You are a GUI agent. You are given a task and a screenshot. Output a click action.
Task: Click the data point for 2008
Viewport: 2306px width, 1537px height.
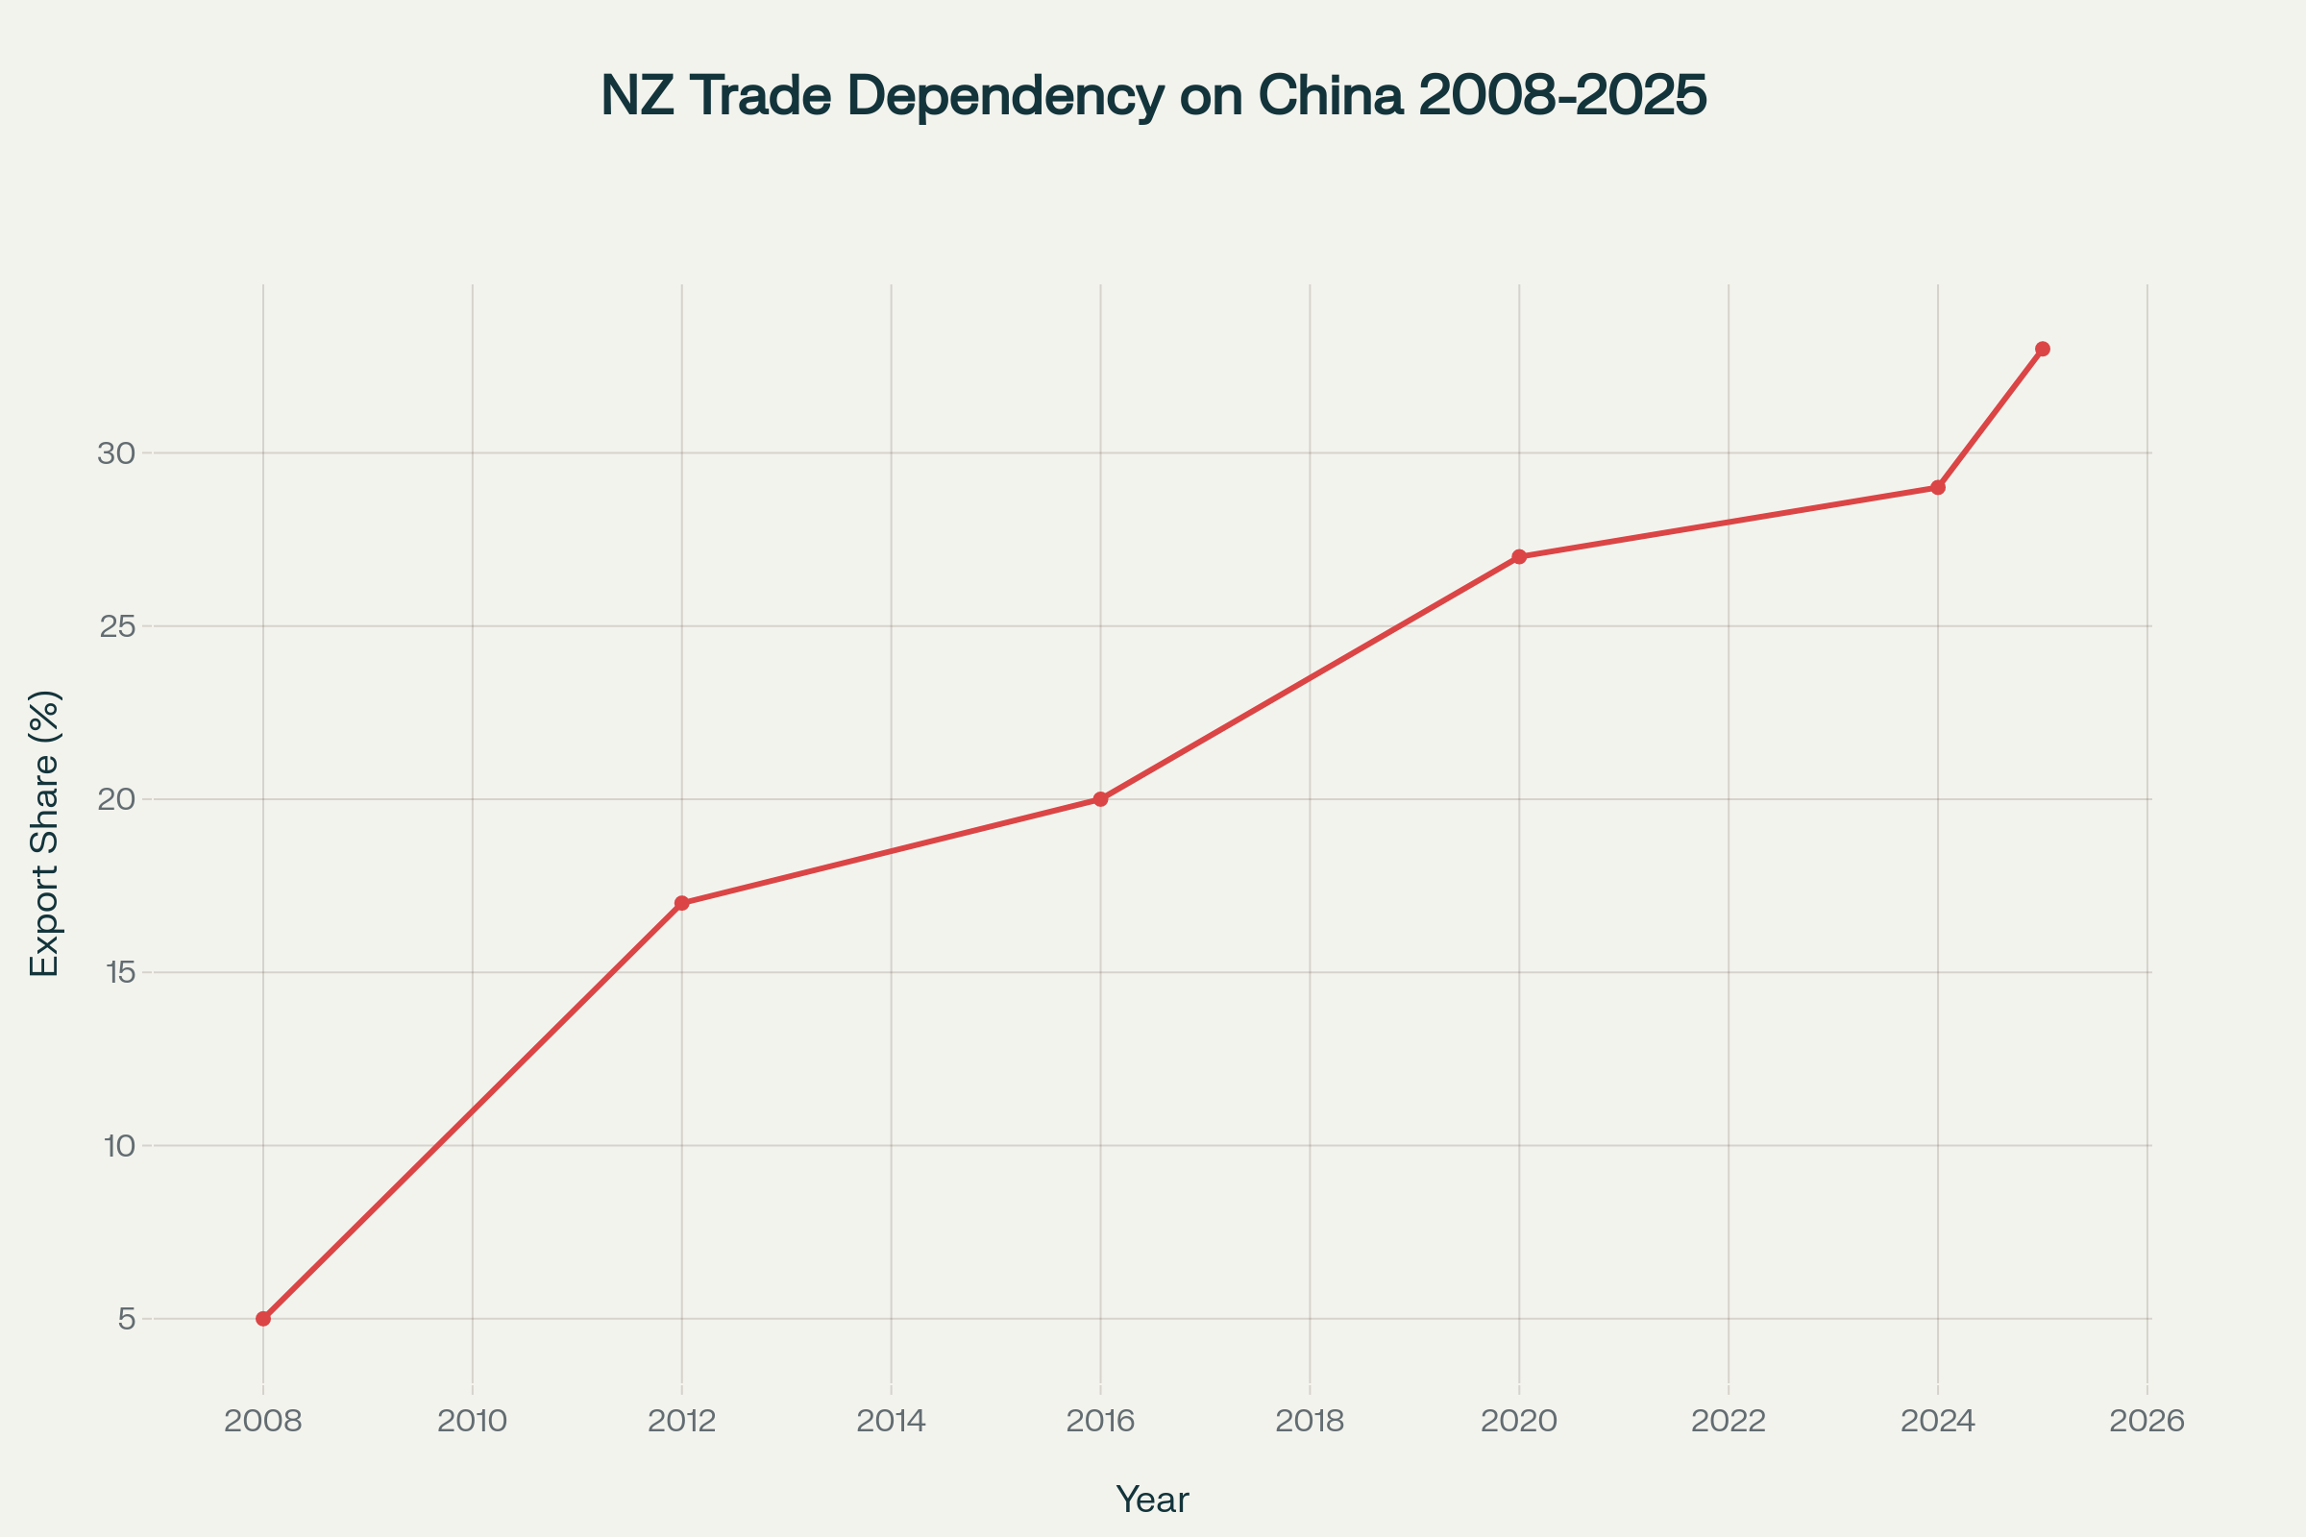pos(262,1318)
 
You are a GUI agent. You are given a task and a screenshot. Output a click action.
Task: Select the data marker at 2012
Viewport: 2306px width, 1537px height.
pos(681,903)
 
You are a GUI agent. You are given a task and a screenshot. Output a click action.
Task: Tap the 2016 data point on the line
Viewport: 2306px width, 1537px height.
pos(1100,799)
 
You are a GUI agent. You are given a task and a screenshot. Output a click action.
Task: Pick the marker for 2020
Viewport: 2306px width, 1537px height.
pos(1519,557)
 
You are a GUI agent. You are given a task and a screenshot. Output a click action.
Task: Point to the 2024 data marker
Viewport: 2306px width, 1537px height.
pos(1937,487)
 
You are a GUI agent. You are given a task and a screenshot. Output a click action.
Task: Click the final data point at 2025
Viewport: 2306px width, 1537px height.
pos(2043,349)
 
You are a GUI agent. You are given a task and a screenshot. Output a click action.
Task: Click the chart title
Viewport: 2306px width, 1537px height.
pos(1153,96)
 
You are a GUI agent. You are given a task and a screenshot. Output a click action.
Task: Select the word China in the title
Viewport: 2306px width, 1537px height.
pos(1330,96)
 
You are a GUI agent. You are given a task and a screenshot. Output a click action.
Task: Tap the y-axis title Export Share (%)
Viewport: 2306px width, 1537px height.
pos(45,833)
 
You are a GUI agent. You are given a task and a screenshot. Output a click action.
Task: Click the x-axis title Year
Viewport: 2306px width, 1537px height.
pos(1152,1499)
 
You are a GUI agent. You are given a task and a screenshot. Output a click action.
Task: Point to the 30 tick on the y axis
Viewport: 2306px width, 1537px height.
pos(115,453)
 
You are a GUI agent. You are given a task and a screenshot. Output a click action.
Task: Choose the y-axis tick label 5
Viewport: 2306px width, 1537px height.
pos(127,1319)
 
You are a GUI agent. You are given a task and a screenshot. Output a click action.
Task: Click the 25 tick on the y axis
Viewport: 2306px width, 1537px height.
pos(116,626)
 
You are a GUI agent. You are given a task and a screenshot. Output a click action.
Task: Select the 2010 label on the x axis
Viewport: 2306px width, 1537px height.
pos(473,1422)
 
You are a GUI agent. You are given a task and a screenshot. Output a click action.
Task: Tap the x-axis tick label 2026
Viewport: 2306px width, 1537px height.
pos(2147,1422)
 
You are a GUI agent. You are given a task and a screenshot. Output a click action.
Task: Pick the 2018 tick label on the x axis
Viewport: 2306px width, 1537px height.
pos(1310,1422)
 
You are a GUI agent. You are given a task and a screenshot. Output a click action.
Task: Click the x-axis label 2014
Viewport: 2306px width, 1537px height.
pos(892,1422)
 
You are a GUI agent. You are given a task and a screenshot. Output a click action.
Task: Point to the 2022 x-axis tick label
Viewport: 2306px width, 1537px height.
pos(1729,1422)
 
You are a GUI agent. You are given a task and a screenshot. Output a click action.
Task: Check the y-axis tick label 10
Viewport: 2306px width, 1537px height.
pos(117,1146)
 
